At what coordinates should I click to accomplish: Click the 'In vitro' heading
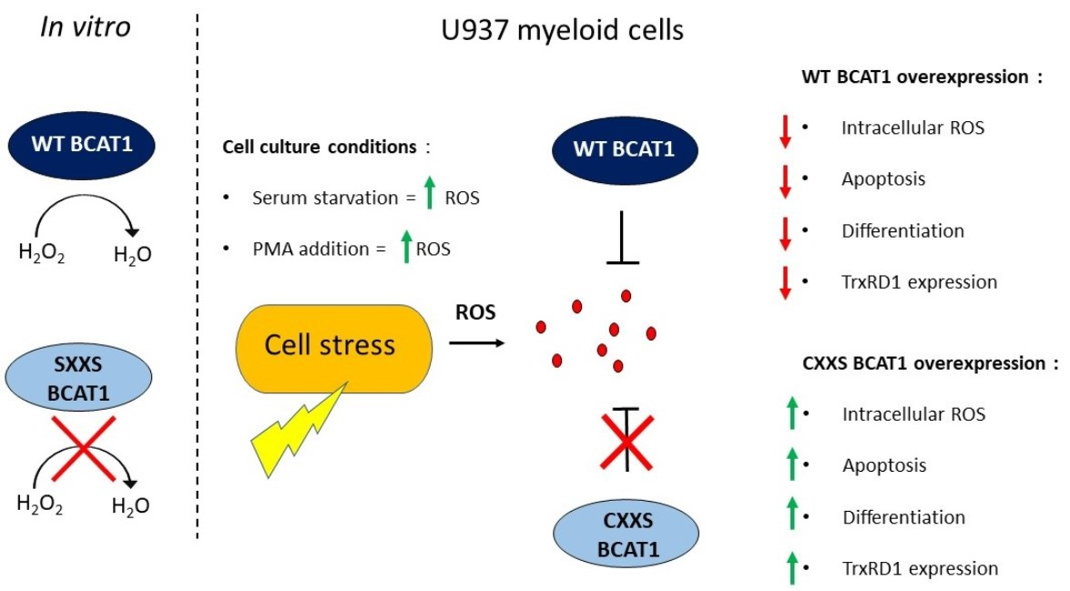(x=86, y=28)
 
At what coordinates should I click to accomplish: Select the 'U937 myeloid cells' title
(x=556, y=30)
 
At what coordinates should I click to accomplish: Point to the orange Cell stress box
(x=330, y=345)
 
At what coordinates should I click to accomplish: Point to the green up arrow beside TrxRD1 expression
(x=792, y=568)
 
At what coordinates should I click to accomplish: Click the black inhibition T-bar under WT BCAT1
(x=623, y=238)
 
